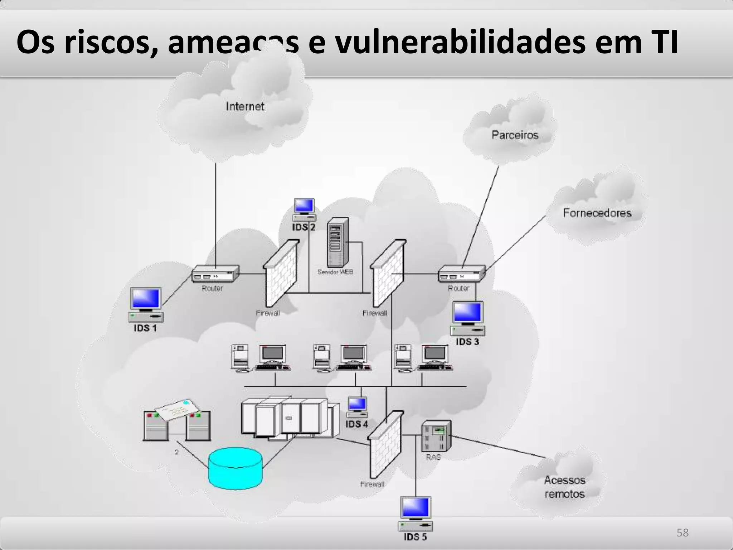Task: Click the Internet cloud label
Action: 245,106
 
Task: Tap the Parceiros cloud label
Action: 515,135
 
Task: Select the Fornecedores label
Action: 597,213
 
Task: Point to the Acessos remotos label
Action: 564,487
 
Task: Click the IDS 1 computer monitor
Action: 146,299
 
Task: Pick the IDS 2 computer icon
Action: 304,210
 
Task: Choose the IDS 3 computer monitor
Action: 468,313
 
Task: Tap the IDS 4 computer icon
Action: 357,407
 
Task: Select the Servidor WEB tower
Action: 337,242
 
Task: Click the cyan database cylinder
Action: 236,468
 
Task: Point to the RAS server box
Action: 436,435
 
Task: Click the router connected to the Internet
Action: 215,274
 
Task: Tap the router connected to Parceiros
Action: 462,274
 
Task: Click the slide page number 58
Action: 682,532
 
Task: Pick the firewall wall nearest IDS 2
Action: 281,272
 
